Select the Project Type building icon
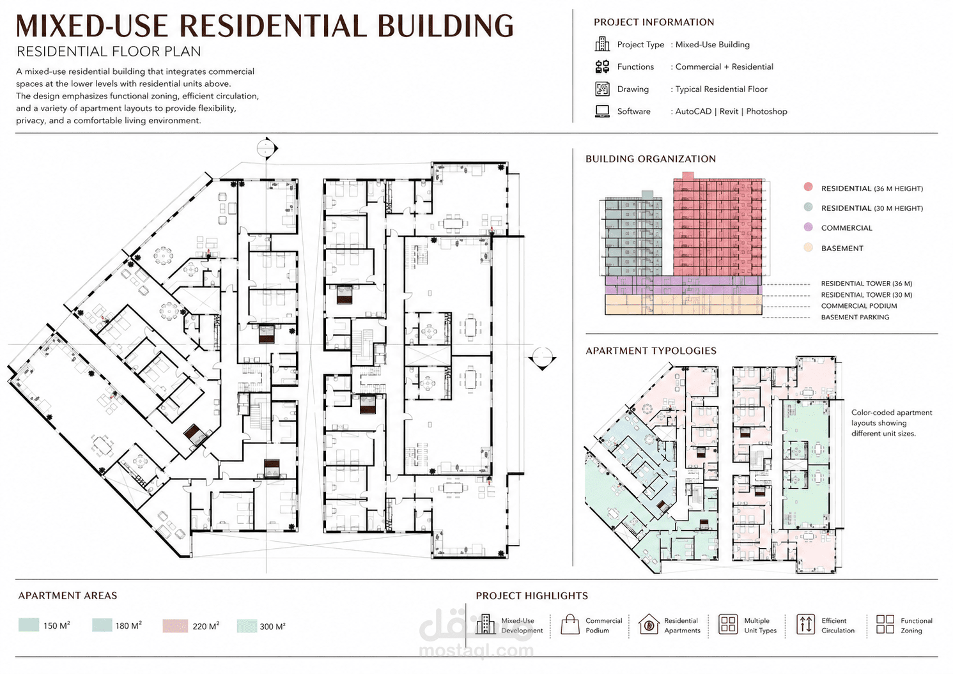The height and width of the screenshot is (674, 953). pyautogui.click(x=602, y=44)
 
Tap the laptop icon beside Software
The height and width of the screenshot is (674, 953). pyautogui.click(x=602, y=111)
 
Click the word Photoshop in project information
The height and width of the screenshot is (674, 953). pyautogui.click(x=766, y=111)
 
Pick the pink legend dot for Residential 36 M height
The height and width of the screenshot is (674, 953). pyautogui.click(x=808, y=187)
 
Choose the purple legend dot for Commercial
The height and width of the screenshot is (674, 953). pyautogui.click(x=808, y=227)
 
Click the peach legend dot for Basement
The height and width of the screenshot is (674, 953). pyautogui.click(x=808, y=247)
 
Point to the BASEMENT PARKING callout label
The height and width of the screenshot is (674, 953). pyautogui.click(x=855, y=318)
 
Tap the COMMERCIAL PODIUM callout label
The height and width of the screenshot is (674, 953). pyautogui.click(x=858, y=306)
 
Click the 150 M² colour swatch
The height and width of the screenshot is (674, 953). pyautogui.click(x=29, y=625)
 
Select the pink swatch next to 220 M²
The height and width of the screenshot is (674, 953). pyautogui.click(x=175, y=625)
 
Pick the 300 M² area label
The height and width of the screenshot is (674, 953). pyautogui.click(x=272, y=626)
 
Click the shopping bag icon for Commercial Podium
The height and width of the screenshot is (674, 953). pyautogui.click(x=570, y=624)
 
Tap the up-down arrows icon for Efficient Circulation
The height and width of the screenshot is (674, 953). pyautogui.click(x=805, y=625)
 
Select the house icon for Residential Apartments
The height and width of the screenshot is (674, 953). pyautogui.click(x=648, y=624)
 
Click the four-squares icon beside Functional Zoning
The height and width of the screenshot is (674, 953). pyautogui.click(x=885, y=624)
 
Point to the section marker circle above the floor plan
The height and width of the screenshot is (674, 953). pyautogui.click(x=267, y=148)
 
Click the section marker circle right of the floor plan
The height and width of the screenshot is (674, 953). pyautogui.click(x=543, y=356)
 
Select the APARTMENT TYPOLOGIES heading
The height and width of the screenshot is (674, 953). pyautogui.click(x=651, y=351)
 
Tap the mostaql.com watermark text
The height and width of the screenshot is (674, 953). pyautogui.click(x=476, y=650)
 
